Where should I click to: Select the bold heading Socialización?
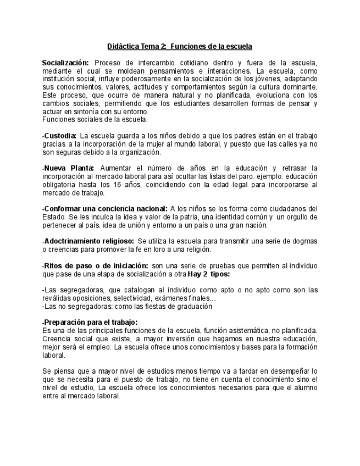click(x=65, y=63)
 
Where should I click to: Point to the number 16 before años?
click(x=124, y=185)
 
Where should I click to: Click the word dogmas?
click(x=304, y=241)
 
